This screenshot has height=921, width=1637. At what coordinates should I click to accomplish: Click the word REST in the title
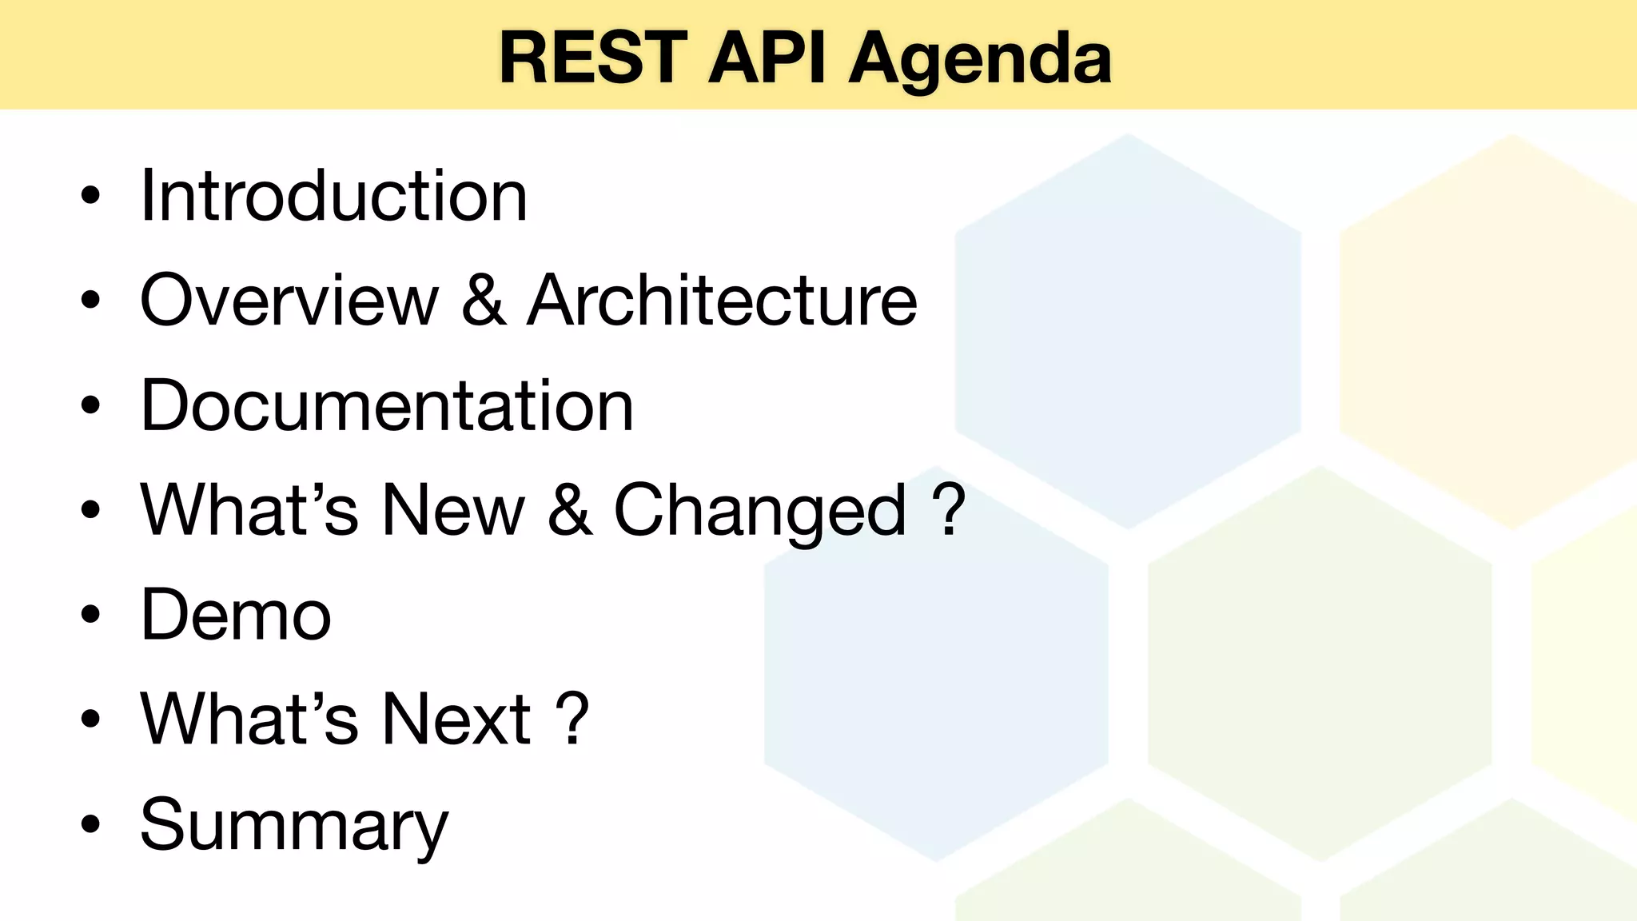point(593,58)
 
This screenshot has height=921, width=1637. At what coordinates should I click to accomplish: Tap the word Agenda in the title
point(980,61)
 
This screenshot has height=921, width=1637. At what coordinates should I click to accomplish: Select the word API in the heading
point(766,58)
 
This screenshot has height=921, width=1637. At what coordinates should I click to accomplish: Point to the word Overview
point(289,301)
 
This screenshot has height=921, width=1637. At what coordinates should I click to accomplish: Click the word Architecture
point(722,301)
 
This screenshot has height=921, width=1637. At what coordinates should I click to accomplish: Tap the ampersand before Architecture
point(483,301)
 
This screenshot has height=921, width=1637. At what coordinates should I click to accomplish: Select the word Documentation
point(387,405)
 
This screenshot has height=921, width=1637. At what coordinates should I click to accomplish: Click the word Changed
point(760,512)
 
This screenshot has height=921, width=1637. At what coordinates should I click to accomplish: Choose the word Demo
point(236,615)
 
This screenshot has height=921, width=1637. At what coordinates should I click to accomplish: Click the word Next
point(456,719)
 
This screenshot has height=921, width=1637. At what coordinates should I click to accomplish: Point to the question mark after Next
point(572,719)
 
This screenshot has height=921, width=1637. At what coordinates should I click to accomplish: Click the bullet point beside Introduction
point(91,196)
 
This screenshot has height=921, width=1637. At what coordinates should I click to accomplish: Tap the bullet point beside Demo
point(91,615)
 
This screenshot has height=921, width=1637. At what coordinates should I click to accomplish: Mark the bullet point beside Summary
point(91,824)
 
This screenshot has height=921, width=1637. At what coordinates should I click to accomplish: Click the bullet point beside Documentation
point(91,405)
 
